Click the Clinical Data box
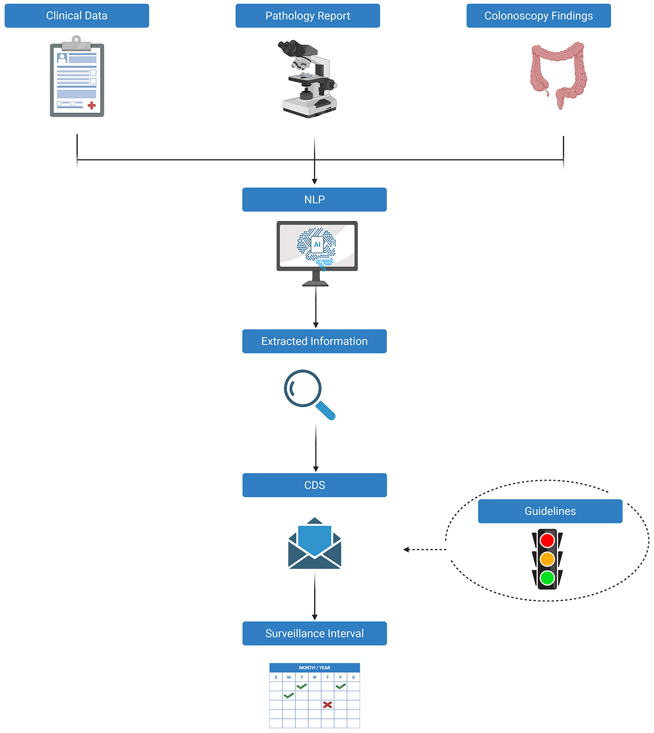point(77,16)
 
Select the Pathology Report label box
point(307,16)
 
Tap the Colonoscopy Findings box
point(538,16)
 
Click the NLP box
point(314,199)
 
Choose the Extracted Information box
point(314,341)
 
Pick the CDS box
point(314,485)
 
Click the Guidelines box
point(550,511)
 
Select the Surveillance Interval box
point(314,633)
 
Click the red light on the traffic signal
point(547,540)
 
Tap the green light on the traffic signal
point(547,578)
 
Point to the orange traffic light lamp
point(547,559)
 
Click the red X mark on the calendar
point(327,704)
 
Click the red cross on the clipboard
point(91,105)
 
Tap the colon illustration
point(558,74)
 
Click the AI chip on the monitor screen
point(317,244)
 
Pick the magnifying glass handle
point(325,410)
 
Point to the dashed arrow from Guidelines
point(425,549)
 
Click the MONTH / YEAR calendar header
point(314,667)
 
